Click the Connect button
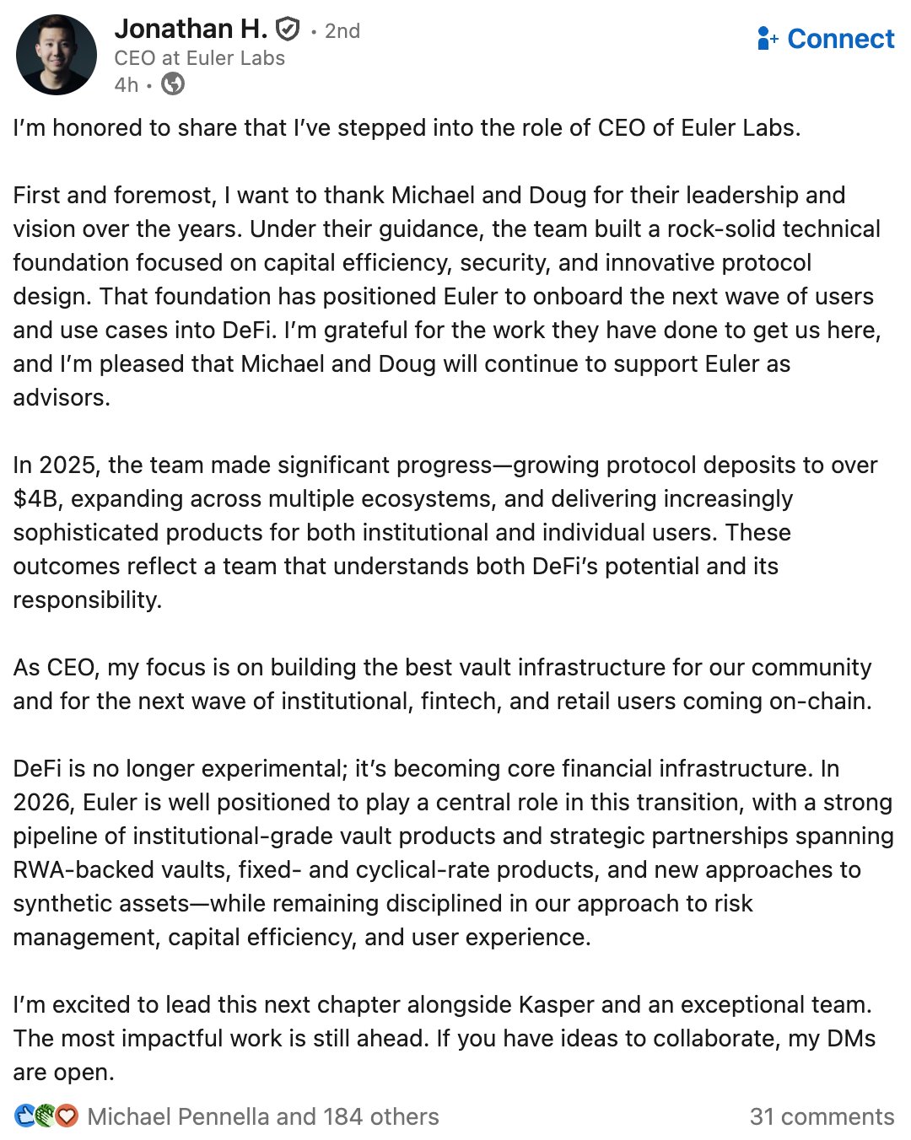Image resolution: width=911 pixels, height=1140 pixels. click(x=826, y=39)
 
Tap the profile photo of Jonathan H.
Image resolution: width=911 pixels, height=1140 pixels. click(x=57, y=55)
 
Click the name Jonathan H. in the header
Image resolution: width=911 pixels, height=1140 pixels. click(x=191, y=29)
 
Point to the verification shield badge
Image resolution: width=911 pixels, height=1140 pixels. click(x=288, y=30)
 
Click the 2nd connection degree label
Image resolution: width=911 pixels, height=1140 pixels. click(x=342, y=31)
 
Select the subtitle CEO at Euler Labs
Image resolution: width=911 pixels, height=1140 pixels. click(x=200, y=58)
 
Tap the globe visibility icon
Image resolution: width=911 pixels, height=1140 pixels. click(x=173, y=84)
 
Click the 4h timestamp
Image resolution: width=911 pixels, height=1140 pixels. click(x=127, y=85)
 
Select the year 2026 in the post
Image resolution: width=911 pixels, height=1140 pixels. click(x=41, y=803)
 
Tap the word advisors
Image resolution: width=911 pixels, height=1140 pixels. click(x=61, y=398)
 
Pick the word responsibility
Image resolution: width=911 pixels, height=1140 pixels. click(x=86, y=600)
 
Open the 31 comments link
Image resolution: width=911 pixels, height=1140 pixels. click(x=822, y=1116)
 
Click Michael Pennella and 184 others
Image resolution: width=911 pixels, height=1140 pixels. click(x=263, y=1116)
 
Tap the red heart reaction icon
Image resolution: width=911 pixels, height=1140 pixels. click(x=67, y=1116)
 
